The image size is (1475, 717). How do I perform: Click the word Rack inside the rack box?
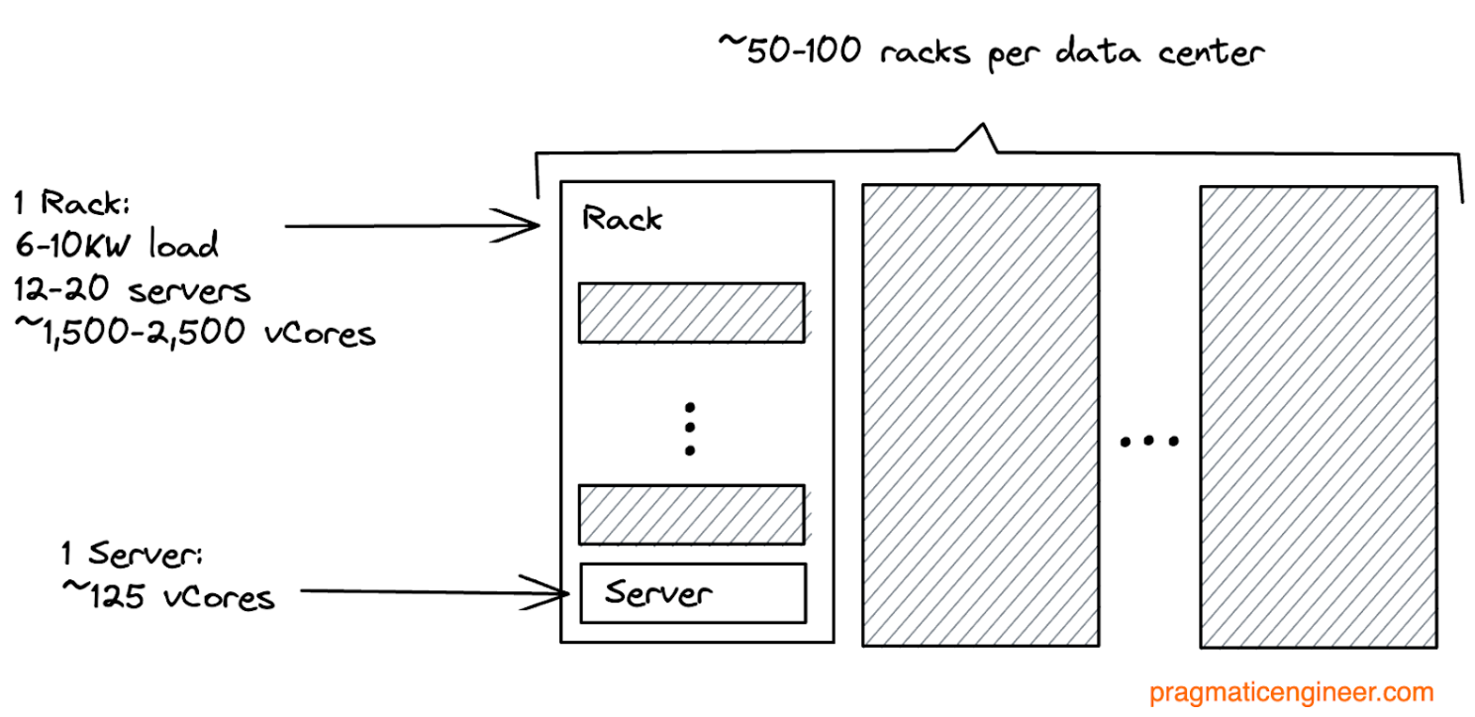622,218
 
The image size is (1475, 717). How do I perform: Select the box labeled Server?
693,593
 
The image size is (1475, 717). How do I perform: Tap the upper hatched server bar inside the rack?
691,313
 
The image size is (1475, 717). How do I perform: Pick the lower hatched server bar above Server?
691,514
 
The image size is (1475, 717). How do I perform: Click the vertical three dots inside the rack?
690,429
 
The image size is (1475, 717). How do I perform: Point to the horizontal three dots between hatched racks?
1148,441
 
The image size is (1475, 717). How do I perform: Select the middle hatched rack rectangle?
980,415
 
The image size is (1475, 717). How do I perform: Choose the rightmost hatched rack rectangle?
1318,415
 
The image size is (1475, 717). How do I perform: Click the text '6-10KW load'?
116,247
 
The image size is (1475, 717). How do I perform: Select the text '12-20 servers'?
132,289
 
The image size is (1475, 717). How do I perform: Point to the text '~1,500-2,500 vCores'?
195,333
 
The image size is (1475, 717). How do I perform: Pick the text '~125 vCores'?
167,597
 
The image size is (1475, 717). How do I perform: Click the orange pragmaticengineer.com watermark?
1291,692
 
